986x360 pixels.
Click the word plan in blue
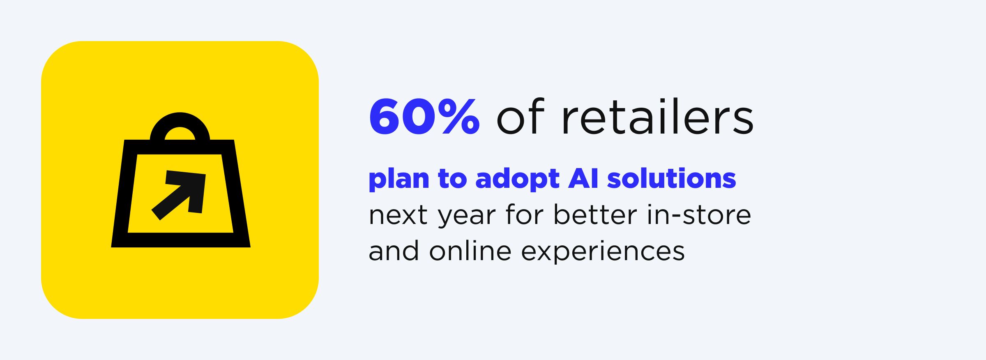[399, 179]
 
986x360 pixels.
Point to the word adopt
[517, 179]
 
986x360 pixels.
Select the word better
[596, 215]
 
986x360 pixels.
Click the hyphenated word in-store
[699, 215]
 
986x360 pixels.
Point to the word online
[470, 251]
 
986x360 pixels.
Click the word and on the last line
[394, 251]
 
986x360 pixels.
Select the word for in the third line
[525, 215]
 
